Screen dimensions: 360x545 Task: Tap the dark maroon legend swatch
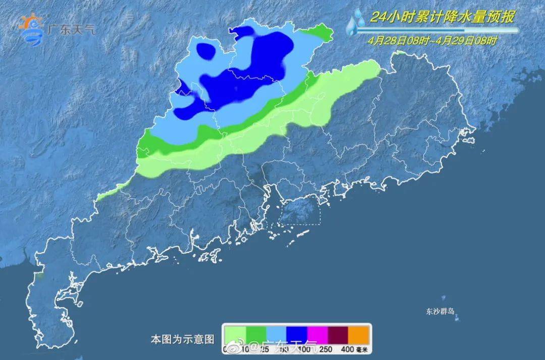point(339,335)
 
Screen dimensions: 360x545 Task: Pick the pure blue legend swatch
point(296,335)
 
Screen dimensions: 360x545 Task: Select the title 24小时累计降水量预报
point(442,18)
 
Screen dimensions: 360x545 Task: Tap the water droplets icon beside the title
point(356,23)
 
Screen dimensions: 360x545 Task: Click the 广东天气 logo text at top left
point(71,29)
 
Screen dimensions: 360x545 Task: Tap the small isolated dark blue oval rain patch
point(205,50)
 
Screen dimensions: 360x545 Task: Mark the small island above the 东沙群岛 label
point(444,298)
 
